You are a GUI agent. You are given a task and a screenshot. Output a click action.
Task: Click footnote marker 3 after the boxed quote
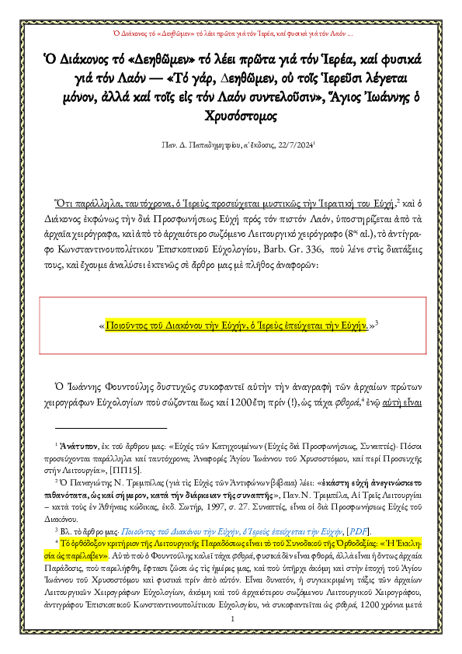(x=375, y=323)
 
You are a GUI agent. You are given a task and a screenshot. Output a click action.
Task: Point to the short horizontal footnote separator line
(x=111, y=428)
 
